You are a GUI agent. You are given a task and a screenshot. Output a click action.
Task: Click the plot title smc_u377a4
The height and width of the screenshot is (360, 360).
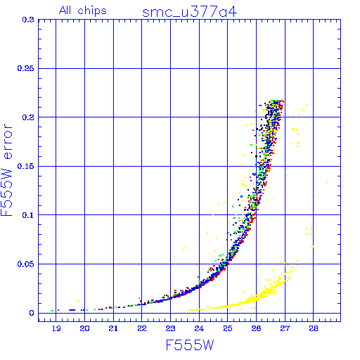tap(190, 12)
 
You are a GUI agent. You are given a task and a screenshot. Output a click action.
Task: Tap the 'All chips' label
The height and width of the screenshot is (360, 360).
tap(83, 11)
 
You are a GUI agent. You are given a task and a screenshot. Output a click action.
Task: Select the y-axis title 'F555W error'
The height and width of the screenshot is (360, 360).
tap(7, 170)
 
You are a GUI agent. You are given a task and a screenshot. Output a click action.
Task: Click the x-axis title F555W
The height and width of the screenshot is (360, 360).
tap(190, 345)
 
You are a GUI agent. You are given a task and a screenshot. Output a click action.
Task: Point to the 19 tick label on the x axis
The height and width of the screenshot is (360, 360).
tap(56, 328)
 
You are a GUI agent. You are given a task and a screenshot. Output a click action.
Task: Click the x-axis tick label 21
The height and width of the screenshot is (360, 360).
tap(113, 328)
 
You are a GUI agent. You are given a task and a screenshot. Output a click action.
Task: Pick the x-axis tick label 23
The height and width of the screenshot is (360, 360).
tap(170, 328)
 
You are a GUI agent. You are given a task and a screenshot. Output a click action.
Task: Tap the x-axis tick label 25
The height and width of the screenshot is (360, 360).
tap(228, 328)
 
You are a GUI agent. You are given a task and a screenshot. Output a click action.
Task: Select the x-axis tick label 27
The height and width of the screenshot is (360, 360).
tap(285, 328)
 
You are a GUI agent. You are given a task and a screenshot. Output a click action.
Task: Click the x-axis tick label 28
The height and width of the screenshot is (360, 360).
tap(314, 328)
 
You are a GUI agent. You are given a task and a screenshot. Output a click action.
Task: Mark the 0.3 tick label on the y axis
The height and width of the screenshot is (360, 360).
tap(28, 20)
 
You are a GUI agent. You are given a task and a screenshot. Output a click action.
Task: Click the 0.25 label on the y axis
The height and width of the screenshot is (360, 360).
tap(25, 68)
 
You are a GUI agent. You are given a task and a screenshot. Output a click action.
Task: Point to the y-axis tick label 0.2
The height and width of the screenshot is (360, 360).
tap(28, 117)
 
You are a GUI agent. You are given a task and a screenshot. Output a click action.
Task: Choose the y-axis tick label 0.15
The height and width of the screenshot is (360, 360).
tap(25, 166)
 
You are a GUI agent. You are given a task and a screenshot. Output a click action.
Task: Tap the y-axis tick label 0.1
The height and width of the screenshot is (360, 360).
tap(28, 215)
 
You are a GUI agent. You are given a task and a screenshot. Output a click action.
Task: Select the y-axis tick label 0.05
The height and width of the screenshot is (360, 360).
tap(25, 264)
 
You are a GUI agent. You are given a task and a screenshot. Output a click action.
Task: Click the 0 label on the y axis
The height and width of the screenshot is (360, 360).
tap(32, 313)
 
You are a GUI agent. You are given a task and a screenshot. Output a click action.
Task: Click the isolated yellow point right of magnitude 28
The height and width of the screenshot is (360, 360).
tap(327, 182)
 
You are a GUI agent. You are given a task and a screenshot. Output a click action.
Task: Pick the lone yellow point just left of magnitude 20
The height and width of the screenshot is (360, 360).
tap(78, 301)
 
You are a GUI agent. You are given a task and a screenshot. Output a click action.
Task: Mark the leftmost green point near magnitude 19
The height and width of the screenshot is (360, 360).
tap(53, 311)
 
